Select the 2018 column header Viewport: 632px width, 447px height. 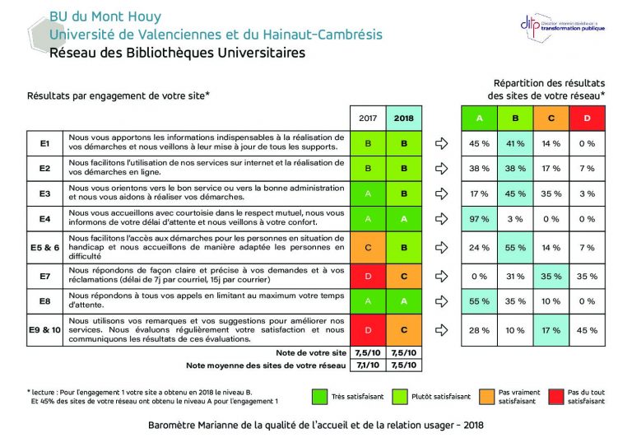tap(404, 118)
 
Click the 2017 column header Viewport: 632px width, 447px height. tap(369, 118)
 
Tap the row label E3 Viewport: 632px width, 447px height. tap(45, 193)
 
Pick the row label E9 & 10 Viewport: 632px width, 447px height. tap(45, 330)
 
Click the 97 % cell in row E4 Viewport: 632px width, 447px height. tap(479, 219)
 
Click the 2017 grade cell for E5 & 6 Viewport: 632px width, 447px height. tap(369, 247)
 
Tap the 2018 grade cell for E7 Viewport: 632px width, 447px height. tap(404, 276)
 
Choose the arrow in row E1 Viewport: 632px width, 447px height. tap(442, 143)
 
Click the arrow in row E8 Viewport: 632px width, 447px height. tap(442, 301)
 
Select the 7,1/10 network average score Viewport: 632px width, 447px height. tap(369, 365)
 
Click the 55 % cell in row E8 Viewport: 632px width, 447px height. tap(479, 301)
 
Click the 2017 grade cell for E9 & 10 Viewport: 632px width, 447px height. tap(369, 330)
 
